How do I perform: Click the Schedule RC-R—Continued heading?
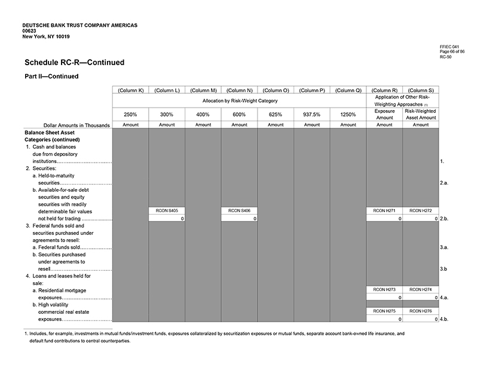(x=75, y=62)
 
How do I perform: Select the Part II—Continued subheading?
(x=51, y=77)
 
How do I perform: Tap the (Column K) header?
(x=130, y=90)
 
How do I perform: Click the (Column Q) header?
(x=348, y=90)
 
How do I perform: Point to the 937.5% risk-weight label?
(x=312, y=114)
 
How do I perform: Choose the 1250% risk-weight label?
(x=348, y=114)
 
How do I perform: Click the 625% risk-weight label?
(x=275, y=114)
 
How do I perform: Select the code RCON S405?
(x=167, y=210)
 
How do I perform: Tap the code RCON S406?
(x=239, y=210)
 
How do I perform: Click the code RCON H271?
(x=384, y=210)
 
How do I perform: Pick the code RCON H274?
(x=421, y=289)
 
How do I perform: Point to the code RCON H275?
(x=384, y=311)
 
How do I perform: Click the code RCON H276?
(x=421, y=311)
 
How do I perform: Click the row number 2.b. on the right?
(x=444, y=219)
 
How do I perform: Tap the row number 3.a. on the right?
(x=444, y=247)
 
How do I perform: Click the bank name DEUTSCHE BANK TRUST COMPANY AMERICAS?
(x=79, y=25)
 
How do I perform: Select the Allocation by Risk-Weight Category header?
(x=239, y=101)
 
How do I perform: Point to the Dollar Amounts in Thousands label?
(x=72, y=125)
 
